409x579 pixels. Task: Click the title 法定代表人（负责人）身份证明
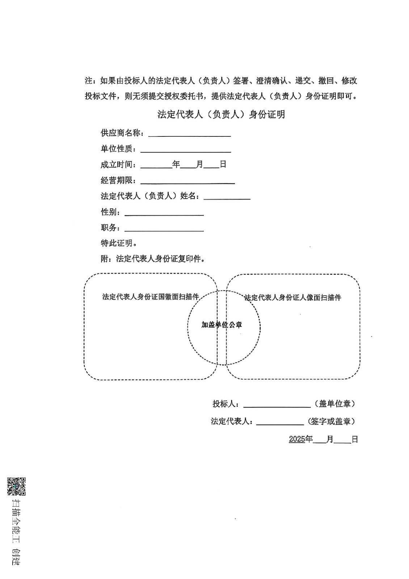point(221,114)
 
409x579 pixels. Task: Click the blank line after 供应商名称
point(189,134)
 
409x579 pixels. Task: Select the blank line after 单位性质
point(185,149)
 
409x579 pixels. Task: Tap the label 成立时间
point(118,165)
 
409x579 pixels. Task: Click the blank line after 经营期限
point(187,181)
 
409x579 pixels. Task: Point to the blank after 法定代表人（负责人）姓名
point(227,197)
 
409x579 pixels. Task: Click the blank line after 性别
point(164,213)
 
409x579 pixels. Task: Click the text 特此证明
point(118,243)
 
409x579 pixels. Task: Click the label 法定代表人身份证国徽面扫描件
point(151,297)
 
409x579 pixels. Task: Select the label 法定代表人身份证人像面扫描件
point(293,298)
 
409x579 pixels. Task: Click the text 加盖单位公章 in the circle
point(222,325)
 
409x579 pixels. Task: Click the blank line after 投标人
point(277,405)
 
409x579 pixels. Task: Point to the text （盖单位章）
point(335,404)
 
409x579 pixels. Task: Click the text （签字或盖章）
point(331,422)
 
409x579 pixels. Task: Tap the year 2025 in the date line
point(297,439)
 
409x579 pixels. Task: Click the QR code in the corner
point(17,486)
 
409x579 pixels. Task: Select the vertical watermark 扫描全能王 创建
point(17,532)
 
